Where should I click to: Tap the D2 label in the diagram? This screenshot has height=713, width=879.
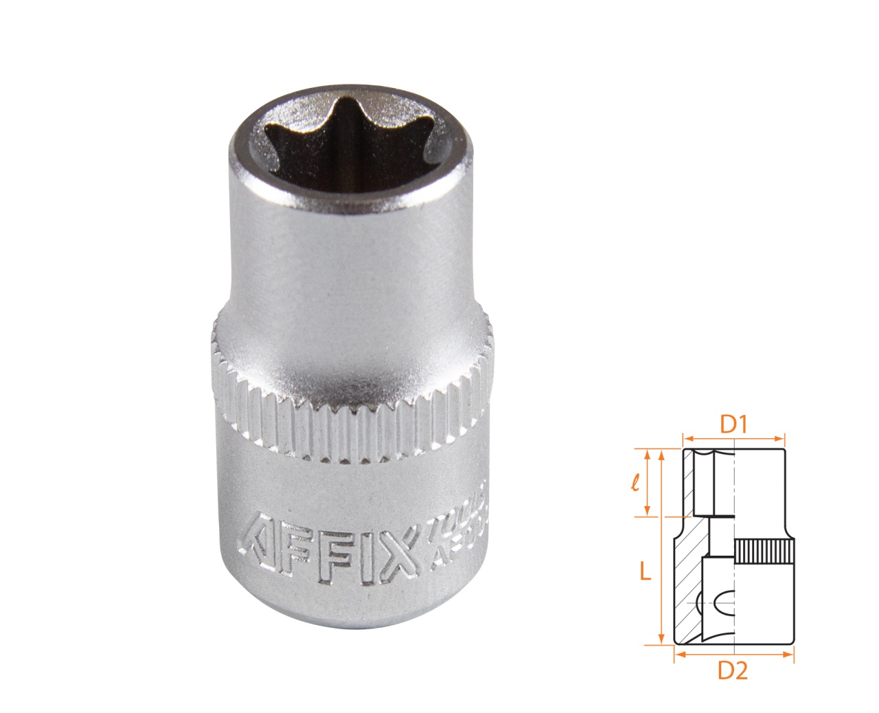point(733,670)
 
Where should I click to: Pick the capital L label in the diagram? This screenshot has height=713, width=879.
point(645,571)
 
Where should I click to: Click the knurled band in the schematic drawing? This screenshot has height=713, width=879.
point(764,553)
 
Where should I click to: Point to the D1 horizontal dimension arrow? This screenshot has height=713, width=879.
point(733,438)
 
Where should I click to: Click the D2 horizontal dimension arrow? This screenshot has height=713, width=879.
point(734,655)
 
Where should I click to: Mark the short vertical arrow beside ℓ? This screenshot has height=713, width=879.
point(647,482)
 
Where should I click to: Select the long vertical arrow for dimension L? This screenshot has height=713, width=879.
point(661,547)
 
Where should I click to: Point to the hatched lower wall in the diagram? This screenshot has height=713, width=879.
point(688,584)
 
